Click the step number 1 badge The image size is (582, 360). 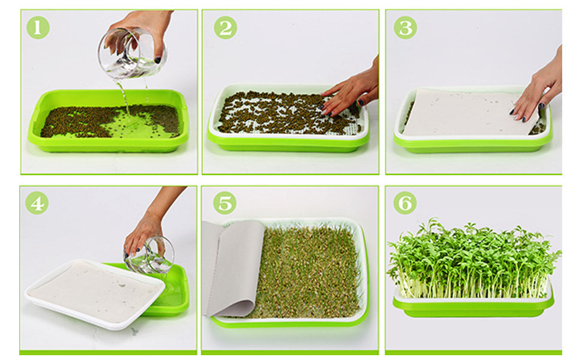pyautogui.click(x=38, y=28)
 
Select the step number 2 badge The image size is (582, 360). pyautogui.click(x=225, y=28)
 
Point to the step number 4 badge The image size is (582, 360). pyautogui.click(x=37, y=203)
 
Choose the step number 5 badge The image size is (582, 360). pyautogui.click(x=224, y=203)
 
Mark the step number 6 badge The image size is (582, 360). pyautogui.click(x=405, y=203)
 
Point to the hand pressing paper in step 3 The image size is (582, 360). pyautogui.click(x=537, y=90)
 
